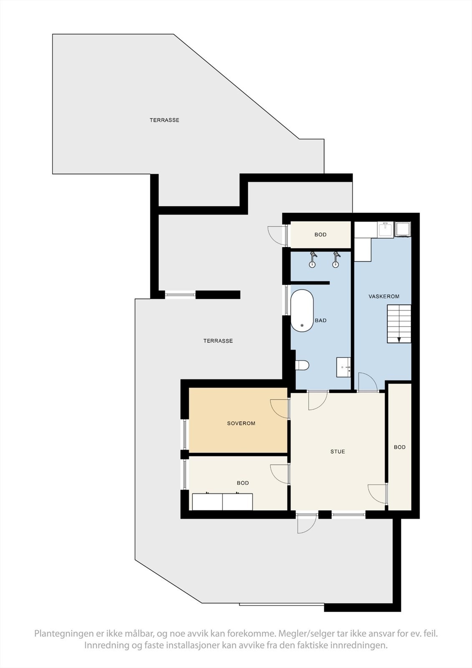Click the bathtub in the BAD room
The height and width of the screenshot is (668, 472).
(x=302, y=311)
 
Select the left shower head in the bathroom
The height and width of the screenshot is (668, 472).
(x=312, y=259)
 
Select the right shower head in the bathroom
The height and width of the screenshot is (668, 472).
(x=335, y=259)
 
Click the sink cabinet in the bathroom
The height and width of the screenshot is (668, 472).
(x=343, y=367)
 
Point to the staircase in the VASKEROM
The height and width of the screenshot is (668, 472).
(x=399, y=324)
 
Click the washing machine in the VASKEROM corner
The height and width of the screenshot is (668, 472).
(x=403, y=229)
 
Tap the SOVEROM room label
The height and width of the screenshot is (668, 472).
(x=241, y=423)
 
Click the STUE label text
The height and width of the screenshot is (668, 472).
(x=338, y=452)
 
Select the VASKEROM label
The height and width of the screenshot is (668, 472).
(x=384, y=296)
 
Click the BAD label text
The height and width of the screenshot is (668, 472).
(x=321, y=321)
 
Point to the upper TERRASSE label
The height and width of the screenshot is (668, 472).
(x=164, y=120)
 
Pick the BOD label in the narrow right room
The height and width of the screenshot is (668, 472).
(x=399, y=447)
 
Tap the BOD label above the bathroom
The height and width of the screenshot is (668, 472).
(x=321, y=235)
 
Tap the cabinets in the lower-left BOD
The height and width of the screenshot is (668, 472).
(x=222, y=502)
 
